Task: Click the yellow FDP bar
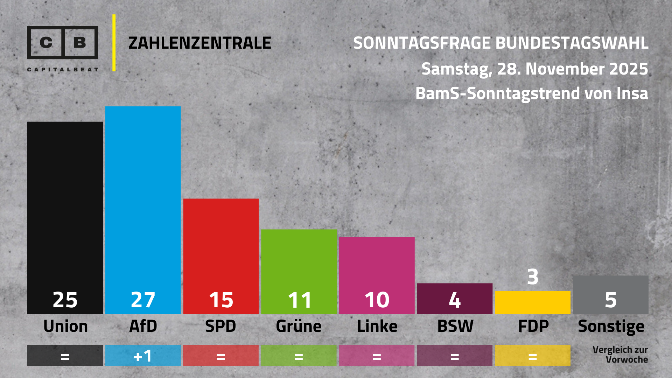[x=532, y=302]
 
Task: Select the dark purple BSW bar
[x=455, y=298]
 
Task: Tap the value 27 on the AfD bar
[x=143, y=300]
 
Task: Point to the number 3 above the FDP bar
[x=532, y=277]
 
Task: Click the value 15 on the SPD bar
[x=221, y=300]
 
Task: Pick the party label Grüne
[x=299, y=326]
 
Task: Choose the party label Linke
[x=377, y=326]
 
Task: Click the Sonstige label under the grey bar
[x=611, y=327]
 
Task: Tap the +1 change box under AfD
[x=143, y=356]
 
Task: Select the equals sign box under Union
[x=65, y=356]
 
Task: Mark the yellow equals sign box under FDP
[x=532, y=356]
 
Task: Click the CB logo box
[x=63, y=42]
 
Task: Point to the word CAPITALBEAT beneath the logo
[x=63, y=70]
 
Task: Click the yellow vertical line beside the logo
[x=114, y=43]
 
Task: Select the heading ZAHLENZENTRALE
[x=199, y=43]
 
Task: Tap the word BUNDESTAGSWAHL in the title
[x=572, y=43]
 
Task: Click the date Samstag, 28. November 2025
[x=534, y=69]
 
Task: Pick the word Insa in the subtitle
[x=632, y=93]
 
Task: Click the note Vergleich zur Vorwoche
[x=620, y=355]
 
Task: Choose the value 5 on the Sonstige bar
[x=610, y=300]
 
